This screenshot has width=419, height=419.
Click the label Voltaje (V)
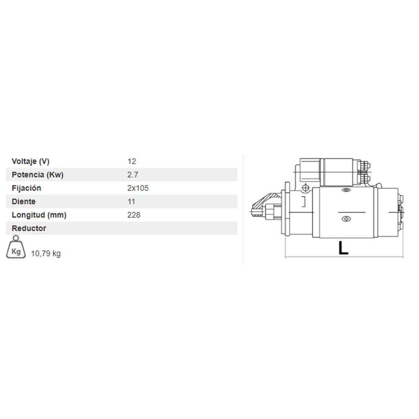coord(31,161)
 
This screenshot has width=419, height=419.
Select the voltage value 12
coord(132,161)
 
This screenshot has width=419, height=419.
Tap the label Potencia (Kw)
coord(37,175)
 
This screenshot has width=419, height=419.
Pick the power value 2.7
coord(133,175)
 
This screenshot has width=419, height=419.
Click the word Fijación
coord(26,188)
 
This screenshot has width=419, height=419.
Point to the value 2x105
coord(138,188)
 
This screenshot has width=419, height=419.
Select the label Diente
coord(23,202)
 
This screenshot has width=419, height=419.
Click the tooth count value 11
coord(131,202)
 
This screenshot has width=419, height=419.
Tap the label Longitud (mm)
coord(39,215)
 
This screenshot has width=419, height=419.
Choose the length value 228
coord(134,215)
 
